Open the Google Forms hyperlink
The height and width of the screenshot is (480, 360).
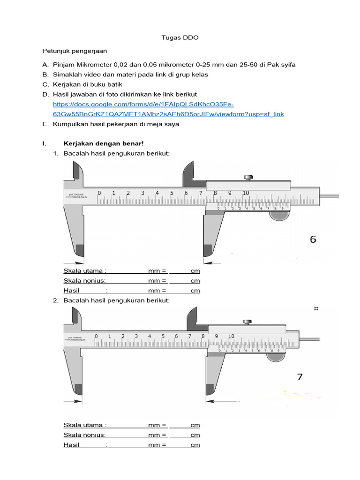point(168,109)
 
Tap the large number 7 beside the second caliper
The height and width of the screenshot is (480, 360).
point(300,376)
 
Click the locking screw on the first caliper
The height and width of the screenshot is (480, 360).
point(248,177)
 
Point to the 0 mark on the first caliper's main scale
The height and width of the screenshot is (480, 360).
point(99,193)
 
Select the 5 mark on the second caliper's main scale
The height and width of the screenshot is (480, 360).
point(163,336)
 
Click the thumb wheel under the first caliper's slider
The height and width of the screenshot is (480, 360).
point(279,216)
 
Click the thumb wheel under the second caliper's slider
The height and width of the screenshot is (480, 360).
point(276,357)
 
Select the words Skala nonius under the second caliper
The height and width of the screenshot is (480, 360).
point(84,435)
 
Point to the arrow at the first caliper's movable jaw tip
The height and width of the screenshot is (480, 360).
point(207,263)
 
